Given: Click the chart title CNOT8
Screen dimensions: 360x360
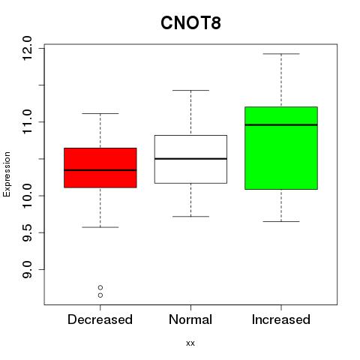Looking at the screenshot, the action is click(x=190, y=22).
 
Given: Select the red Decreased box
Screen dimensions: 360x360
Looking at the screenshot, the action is click(x=100, y=168).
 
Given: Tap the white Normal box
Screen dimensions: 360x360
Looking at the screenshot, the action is click(x=190, y=159).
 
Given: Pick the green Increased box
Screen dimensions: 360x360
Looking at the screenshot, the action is click(x=281, y=148).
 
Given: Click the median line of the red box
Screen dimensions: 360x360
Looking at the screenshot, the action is click(x=100, y=170).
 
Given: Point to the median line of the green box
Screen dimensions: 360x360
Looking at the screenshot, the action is click(x=281, y=124).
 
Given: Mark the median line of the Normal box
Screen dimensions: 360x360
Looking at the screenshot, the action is click(x=190, y=159).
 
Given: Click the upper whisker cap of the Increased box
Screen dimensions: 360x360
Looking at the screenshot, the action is click(x=281, y=54).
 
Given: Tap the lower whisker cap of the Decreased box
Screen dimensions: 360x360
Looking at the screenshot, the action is click(x=100, y=227).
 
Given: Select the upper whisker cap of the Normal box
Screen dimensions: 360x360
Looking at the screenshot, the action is click(x=190, y=90).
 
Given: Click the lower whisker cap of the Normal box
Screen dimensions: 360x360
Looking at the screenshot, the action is click(x=190, y=217).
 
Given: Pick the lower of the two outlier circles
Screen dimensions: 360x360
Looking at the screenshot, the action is click(x=100, y=295).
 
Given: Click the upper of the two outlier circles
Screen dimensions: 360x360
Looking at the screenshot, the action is click(x=100, y=287).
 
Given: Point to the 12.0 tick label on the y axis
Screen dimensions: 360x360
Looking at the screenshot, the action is click(x=27, y=48).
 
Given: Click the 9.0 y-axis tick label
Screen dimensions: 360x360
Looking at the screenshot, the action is click(x=27, y=269).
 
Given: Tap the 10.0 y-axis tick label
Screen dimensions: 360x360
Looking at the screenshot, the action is click(x=27, y=196).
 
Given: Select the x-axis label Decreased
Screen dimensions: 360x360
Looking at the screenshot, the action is click(x=100, y=319).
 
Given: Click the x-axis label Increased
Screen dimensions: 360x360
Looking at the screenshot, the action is click(x=281, y=319).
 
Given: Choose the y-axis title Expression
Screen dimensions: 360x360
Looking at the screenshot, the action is click(x=7, y=174).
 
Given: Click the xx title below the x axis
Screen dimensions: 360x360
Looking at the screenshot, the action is click(x=190, y=343).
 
